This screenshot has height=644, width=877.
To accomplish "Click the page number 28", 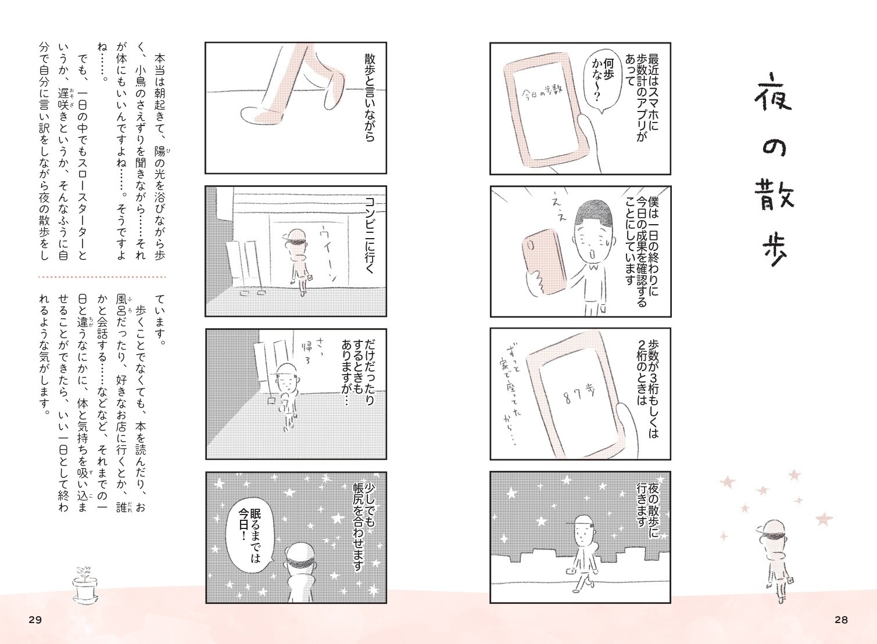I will (840, 620).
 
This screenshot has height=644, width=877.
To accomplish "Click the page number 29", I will (35, 620).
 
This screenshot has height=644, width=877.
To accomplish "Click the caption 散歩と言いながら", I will (370, 98).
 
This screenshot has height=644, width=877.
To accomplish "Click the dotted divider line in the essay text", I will (102, 277).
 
